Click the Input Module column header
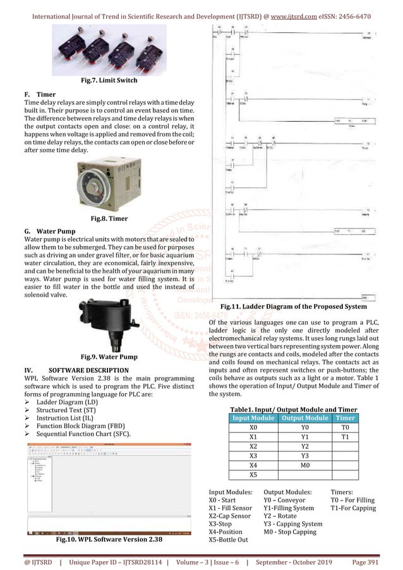(x=253, y=418)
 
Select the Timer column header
(x=345, y=418)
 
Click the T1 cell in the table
(x=345, y=436)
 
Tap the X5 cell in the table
(x=253, y=474)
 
